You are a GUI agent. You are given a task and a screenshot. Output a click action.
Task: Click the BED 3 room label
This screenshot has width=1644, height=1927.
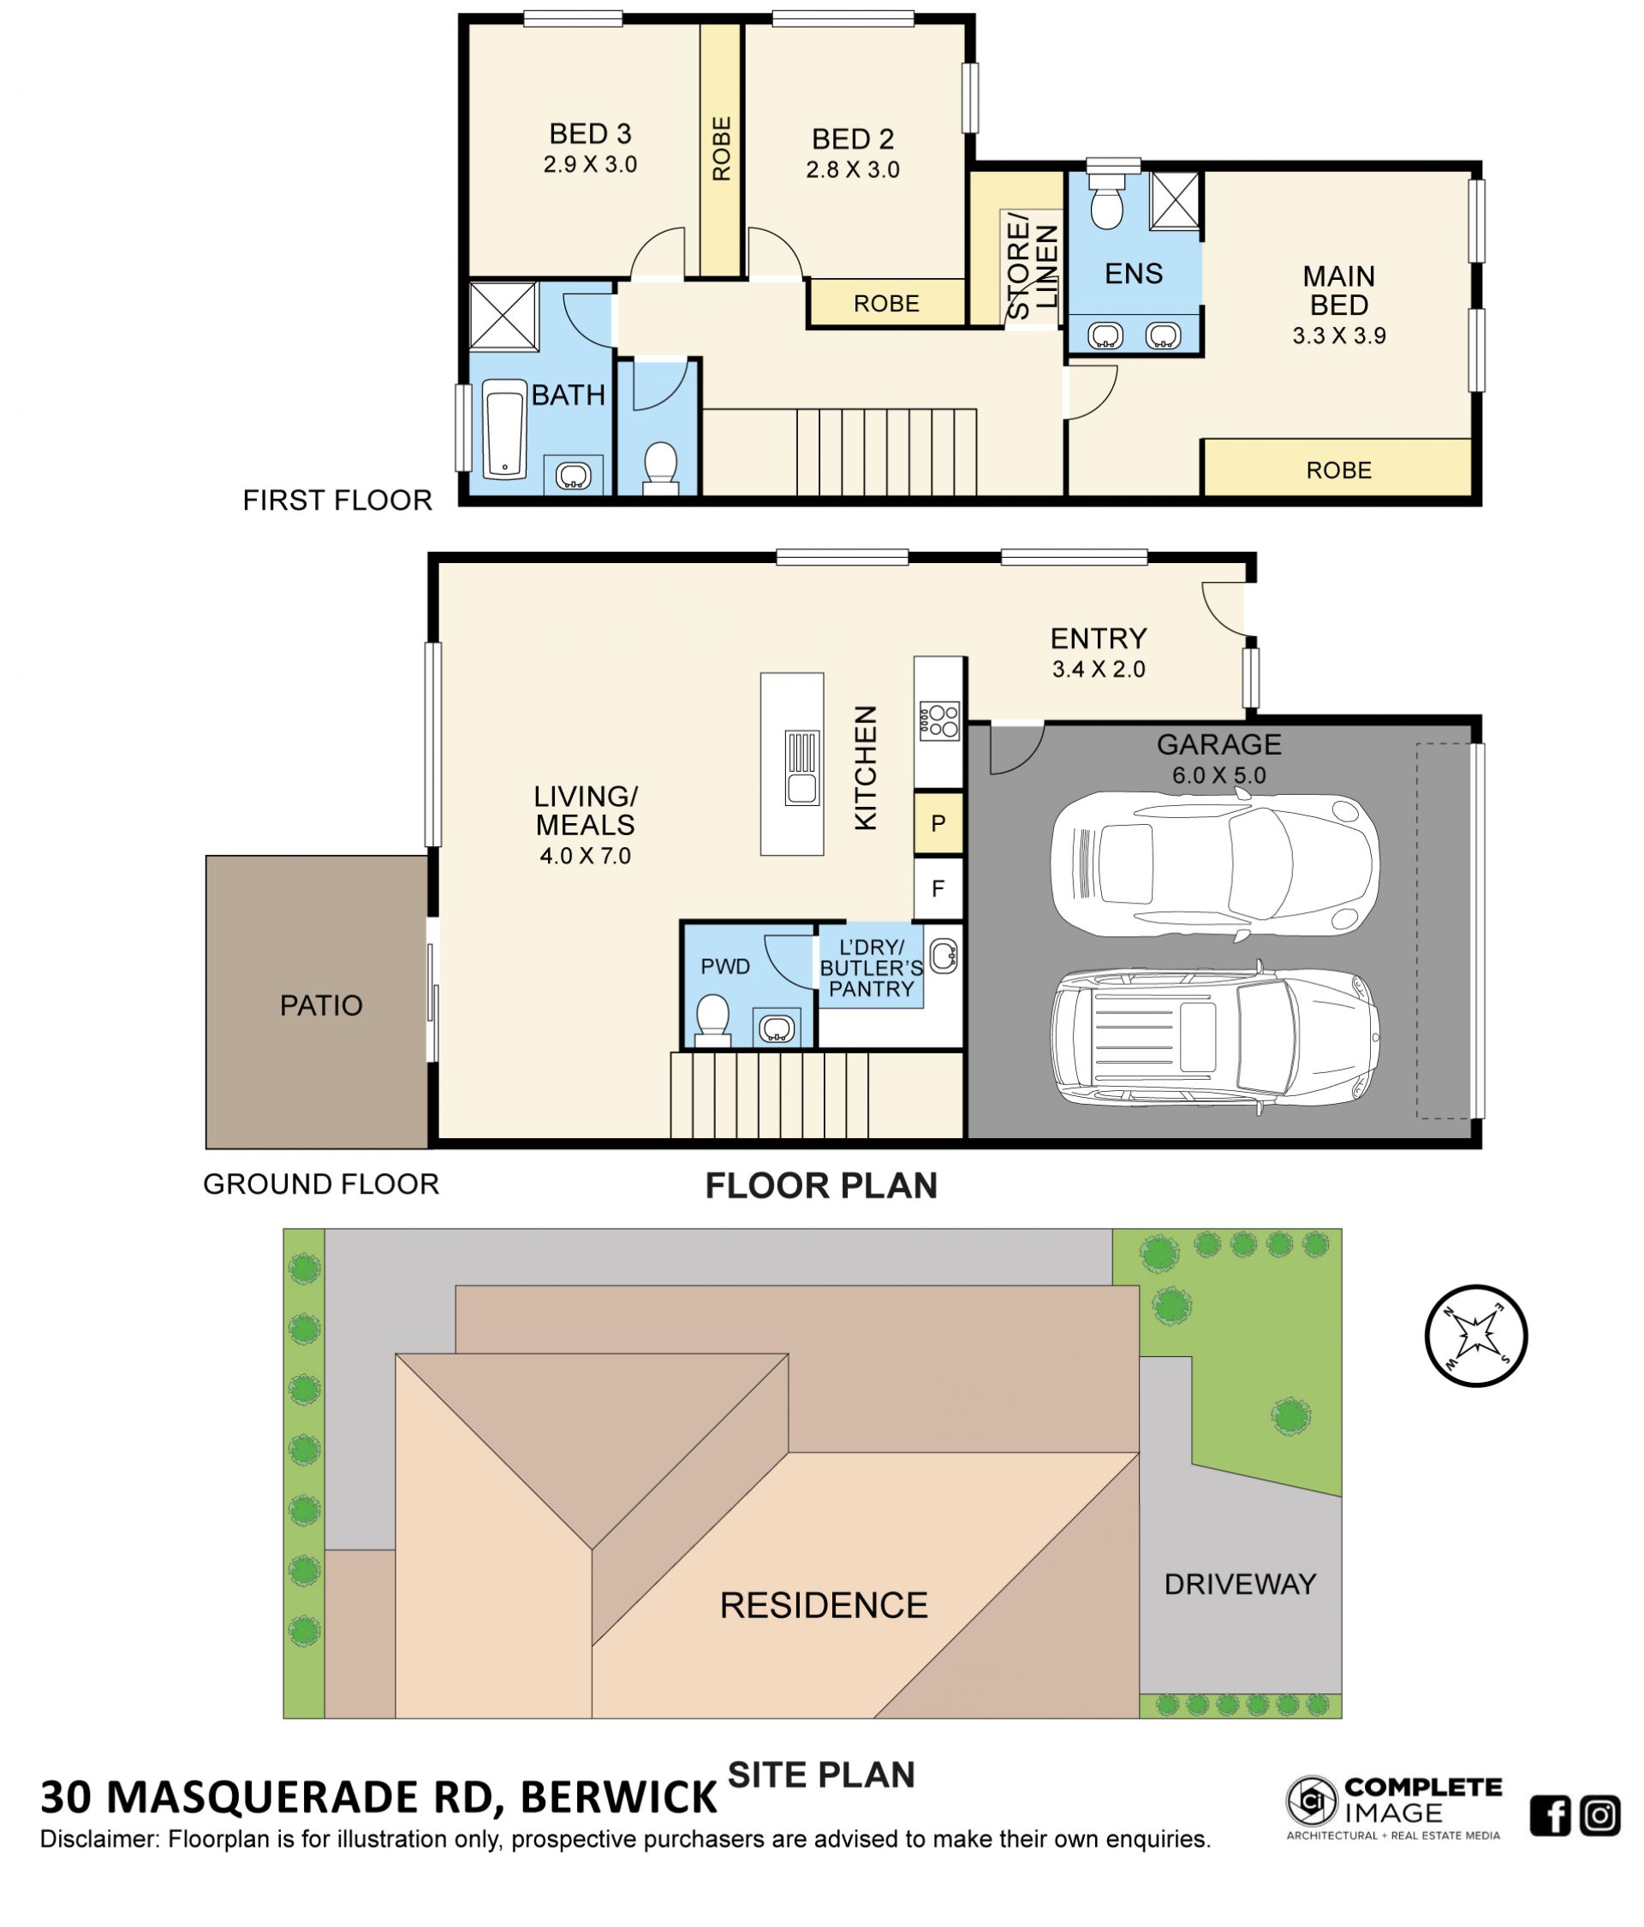pos(590,134)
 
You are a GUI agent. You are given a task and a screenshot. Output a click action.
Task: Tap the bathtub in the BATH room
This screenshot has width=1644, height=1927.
pos(504,429)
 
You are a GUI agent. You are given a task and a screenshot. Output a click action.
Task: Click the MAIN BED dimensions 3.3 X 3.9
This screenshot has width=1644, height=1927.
pos(1339,335)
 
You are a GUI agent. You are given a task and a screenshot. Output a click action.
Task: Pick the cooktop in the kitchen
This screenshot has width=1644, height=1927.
pos(938,719)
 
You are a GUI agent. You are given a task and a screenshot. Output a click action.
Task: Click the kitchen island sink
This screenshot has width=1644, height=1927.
pos(802,768)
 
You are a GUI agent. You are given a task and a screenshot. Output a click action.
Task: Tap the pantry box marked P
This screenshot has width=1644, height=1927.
pos(938,823)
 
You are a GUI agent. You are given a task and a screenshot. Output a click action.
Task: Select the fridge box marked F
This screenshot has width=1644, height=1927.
pos(938,888)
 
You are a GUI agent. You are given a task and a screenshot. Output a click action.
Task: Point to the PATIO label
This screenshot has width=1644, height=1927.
pos(321,1005)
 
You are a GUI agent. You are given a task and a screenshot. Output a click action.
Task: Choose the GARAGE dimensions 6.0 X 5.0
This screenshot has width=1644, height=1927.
pos(1218,775)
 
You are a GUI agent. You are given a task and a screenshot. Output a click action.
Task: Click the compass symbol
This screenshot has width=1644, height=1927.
pos(1475,1337)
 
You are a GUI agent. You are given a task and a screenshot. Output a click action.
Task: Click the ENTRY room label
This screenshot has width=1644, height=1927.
pos(1099,638)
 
